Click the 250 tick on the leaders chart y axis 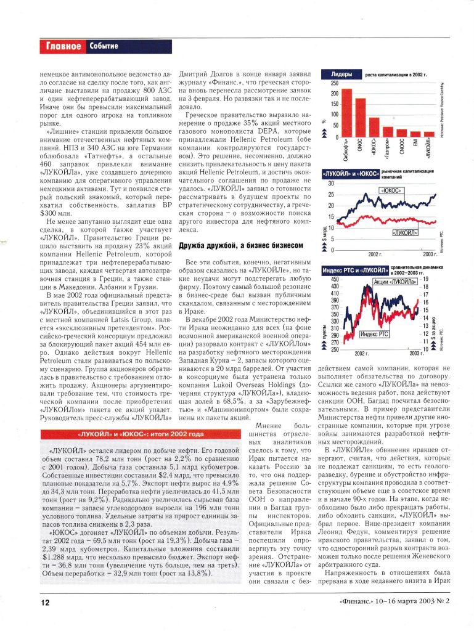pos(335,83)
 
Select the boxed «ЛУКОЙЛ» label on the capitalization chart pos(404,234)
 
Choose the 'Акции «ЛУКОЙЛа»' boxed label pos(393,282)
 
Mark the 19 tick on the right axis pos(425,279)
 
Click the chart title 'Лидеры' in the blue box pos(341,75)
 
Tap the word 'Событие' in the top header pos(104,46)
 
